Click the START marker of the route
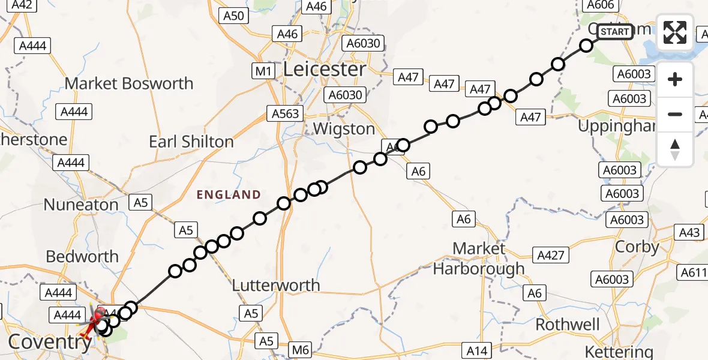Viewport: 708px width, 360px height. pyautogui.click(x=615, y=32)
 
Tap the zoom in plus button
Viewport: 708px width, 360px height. pyautogui.click(x=675, y=79)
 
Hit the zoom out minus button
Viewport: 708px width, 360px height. pyautogui.click(x=675, y=114)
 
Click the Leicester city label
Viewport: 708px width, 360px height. pyautogui.click(x=324, y=70)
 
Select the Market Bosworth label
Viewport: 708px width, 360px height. pyautogui.click(x=129, y=83)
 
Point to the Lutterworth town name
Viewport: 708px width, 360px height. pyautogui.click(x=277, y=285)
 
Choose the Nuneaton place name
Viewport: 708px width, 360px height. pyautogui.click(x=81, y=205)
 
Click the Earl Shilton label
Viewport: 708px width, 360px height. pyautogui.click(x=191, y=142)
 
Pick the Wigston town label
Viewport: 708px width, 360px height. pyautogui.click(x=344, y=129)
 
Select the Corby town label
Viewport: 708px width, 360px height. pyautogui.click(x=637, y=247)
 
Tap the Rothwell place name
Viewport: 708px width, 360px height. pyautogui.click(x=568, y=325)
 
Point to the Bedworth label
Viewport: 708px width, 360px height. pyautogui.click(x=82, y=257)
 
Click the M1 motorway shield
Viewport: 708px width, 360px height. pyautogui.click(x=263, y=71)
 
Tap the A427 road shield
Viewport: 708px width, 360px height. pyautogui.click(x=551, y=256)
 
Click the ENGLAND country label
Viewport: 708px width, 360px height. pyautogui.click(x=229, y=194)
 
